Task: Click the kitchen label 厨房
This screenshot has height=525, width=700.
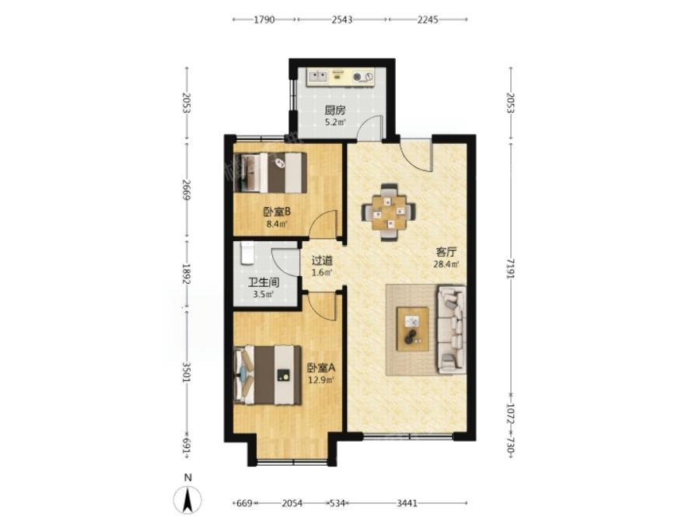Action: (x=334, y=110)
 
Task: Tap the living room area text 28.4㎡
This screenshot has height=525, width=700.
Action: (x=446, y=264)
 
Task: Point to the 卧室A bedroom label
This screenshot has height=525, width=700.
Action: (x=321, y=368)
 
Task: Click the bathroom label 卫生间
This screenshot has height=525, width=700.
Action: (x=264, y=282)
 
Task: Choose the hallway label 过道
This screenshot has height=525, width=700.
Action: (x=322, y=260)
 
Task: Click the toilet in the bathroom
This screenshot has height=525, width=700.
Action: (x=247, y=253)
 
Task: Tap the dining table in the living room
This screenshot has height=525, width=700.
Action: (x=388, y=212)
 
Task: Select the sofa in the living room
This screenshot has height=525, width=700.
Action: (x=452, y=330)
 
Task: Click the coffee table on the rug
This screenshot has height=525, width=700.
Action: (x=412, y=330)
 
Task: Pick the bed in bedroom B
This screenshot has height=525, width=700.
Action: (x=271, y=173)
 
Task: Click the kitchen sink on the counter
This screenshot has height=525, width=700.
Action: (x=317, y=76)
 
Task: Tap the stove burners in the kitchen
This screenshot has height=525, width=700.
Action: (x=362, y=77)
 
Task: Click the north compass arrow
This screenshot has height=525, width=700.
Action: (x=188, y=499)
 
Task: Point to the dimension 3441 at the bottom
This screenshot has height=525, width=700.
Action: (x=407, y=503)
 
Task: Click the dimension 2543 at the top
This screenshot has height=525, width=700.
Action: (x=342, y=19)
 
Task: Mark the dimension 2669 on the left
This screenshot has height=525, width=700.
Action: (x=187, y=190)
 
